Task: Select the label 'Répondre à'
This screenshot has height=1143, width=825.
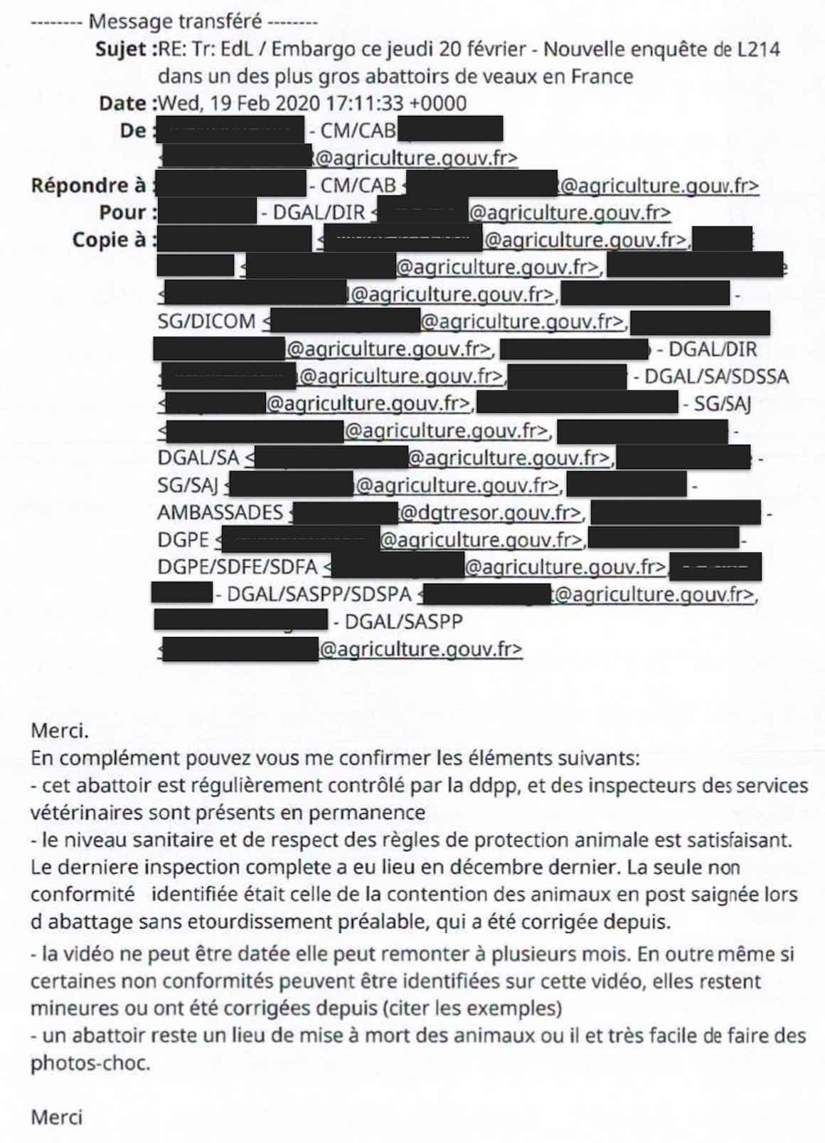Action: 88,186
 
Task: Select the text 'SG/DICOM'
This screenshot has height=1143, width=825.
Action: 206,322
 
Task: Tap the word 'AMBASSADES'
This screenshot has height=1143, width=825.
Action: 220,512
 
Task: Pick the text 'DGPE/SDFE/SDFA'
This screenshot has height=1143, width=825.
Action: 238,567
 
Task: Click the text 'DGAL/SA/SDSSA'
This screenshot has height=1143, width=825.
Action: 716,376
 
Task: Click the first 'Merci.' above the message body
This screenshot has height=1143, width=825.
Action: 60,731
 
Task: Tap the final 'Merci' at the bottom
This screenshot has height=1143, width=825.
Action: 56,1117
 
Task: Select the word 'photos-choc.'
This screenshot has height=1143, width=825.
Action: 90,1063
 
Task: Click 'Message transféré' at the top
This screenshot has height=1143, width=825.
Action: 175,21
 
